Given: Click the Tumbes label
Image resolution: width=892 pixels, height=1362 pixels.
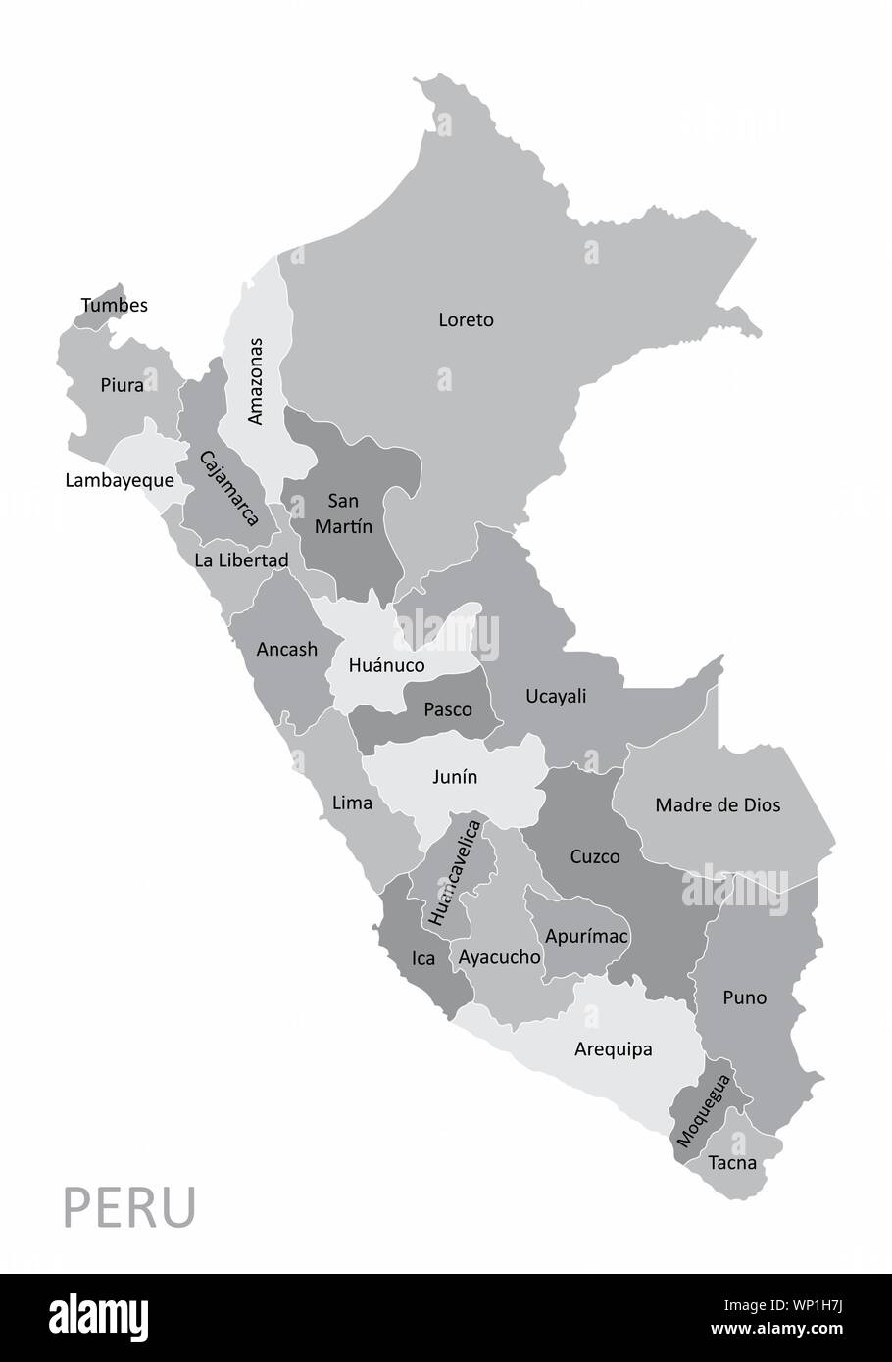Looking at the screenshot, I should (x=115, y=305).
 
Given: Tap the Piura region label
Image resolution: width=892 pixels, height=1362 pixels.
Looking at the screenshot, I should (x=123, y=385).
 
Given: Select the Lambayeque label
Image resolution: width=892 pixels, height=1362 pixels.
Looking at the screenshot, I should (x=120, y=480).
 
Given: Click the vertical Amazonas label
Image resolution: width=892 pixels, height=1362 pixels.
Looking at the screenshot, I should (x=256, y=381).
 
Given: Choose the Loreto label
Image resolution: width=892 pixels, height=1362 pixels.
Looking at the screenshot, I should (x=467, y=319).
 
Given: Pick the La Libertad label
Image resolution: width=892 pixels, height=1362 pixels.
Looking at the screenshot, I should (x=241, y=560).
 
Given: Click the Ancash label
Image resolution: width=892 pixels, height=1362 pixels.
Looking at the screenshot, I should (x=287, y=649).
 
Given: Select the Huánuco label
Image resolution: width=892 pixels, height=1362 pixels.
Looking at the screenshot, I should (x=387, y=665).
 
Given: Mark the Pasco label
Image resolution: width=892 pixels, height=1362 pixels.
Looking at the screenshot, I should (x=448, y=709).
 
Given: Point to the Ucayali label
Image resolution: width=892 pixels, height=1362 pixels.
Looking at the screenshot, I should (x=556, y=696).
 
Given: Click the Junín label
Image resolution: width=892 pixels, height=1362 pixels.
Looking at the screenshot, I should (x=455, y=776).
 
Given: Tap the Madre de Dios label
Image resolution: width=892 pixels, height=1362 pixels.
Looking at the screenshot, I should (x=718, y=804).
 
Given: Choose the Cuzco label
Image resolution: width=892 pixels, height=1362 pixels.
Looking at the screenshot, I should (x=595, y=856).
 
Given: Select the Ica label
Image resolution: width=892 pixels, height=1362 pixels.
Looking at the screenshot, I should (x=423, y=958).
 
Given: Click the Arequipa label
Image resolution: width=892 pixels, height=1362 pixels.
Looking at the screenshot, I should (x=614, y=1049).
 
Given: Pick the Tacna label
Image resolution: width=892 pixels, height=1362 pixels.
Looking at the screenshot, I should (x=733, y=1163).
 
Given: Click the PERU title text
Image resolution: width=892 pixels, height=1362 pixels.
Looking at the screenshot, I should (x=130, y=1208).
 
